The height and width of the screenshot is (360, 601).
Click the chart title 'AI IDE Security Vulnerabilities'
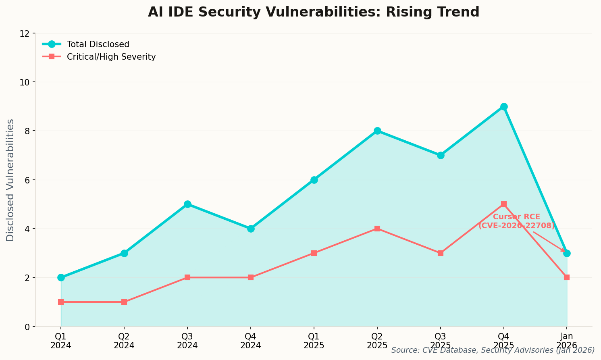coord(313,12)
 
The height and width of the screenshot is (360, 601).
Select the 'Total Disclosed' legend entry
coord(98,44)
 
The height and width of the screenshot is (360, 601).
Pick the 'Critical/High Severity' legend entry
coord(111,57)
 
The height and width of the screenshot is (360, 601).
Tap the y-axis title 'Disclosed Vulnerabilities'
coord(10,180)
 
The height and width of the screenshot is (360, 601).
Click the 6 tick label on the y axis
coord(27,180)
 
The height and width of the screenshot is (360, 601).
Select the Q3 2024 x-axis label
coord(187,341)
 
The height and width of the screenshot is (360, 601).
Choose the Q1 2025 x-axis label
coord(314,341)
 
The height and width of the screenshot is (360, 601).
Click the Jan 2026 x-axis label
coord(567,341)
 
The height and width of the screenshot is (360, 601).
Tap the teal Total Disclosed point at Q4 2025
coord(504,107)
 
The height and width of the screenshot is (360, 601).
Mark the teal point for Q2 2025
coord(377,131)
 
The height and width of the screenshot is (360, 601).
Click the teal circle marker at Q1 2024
coord(61,277)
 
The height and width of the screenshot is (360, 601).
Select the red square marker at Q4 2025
coord(504,204)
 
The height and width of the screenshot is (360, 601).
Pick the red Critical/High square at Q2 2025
coord(377,229)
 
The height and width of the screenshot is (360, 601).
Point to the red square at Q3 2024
coord(187,277)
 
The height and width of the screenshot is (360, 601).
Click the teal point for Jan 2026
coord(567,253)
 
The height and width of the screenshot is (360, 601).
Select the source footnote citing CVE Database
coord(493,350)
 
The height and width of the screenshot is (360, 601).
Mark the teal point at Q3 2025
coord(441,155)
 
